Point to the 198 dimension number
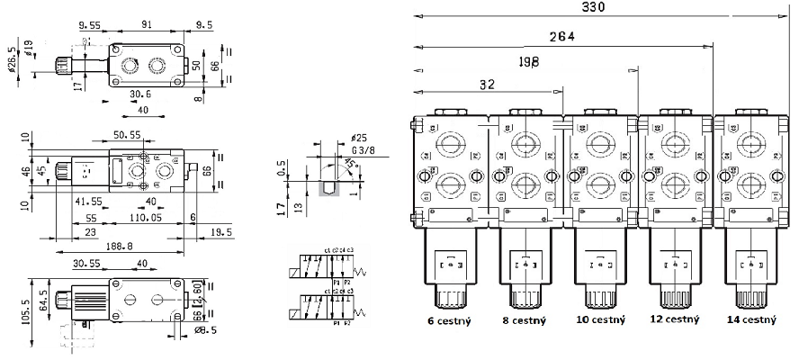(x=528, y=61)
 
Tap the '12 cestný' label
(x=675, y=319)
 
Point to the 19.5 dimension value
(x=220, y=231)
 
